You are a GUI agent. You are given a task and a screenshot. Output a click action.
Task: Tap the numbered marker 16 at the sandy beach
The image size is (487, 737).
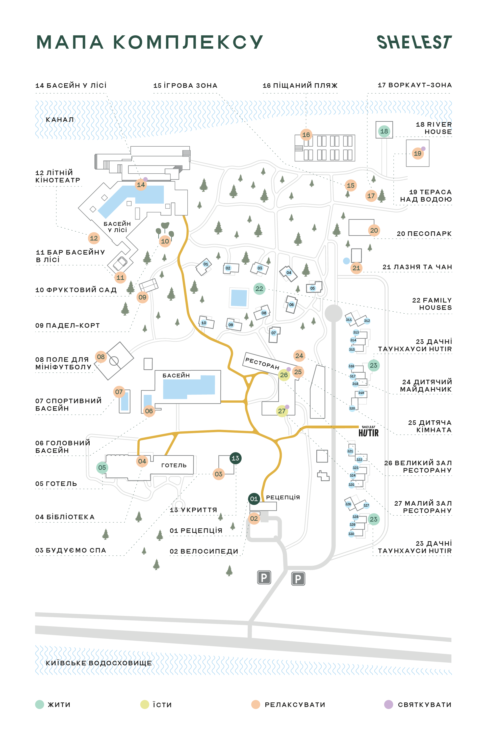[306, 135]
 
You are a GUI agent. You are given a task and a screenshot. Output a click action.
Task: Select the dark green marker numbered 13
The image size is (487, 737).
[236, 458]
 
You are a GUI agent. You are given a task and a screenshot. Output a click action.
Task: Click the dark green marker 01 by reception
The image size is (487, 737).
[254, 499]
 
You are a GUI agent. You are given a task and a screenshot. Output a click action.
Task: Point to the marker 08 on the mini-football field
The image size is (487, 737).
[101, 357]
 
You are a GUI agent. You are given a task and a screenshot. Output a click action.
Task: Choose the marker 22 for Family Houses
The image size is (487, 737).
[259, 289]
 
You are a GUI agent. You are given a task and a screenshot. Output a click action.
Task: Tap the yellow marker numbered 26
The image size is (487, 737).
[284, 375]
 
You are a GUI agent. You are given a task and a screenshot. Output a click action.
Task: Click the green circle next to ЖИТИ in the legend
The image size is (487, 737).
[40, 704]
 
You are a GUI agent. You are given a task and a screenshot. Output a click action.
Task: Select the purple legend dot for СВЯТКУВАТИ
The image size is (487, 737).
[389, 704]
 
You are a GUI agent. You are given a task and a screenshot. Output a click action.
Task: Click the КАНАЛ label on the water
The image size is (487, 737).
[60, 120]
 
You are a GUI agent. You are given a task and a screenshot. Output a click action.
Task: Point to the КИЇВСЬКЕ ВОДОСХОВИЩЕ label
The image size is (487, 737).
[99, 663]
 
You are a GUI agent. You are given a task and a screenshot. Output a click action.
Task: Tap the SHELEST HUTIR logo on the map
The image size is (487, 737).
[369, 431]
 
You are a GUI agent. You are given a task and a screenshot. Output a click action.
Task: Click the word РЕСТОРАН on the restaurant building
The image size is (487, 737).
[263, 363]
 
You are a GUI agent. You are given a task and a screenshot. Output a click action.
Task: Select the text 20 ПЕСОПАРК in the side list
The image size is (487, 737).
[424, 234]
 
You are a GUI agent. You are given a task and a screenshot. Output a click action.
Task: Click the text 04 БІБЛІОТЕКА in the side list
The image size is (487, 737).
[65, 517]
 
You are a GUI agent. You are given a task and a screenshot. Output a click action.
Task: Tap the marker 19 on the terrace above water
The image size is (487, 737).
[417, 153]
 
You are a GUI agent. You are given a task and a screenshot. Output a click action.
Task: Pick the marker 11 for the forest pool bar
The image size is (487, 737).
[120, 278]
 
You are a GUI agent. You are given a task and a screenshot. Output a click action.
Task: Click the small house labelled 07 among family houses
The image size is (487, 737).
[274, 335]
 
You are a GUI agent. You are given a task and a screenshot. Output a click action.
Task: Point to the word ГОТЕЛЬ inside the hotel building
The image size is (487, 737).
[174, 465]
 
